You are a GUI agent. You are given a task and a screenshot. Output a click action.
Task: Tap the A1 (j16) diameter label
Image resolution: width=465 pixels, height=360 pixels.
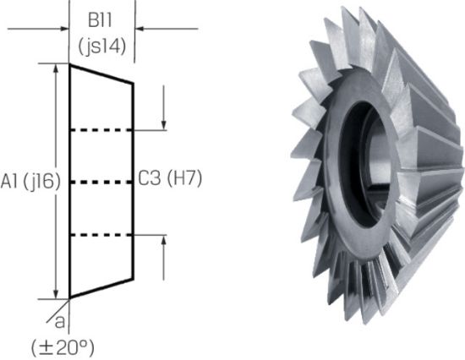point(28,181)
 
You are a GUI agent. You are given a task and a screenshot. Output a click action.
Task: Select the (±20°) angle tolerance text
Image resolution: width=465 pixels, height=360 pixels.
point(61,346)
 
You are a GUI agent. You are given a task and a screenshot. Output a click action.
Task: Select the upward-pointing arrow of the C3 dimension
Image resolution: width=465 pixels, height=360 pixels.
point(164,242)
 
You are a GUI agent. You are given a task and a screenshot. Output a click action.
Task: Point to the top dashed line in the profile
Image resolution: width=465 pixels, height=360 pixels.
point(101,130)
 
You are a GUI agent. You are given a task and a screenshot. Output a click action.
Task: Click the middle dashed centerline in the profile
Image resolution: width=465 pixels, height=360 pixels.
point(101,182)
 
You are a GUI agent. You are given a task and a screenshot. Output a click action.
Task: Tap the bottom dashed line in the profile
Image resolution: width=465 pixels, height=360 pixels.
point(101,234)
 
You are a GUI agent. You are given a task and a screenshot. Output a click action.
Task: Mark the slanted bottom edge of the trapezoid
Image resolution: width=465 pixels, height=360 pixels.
point(101,288)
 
